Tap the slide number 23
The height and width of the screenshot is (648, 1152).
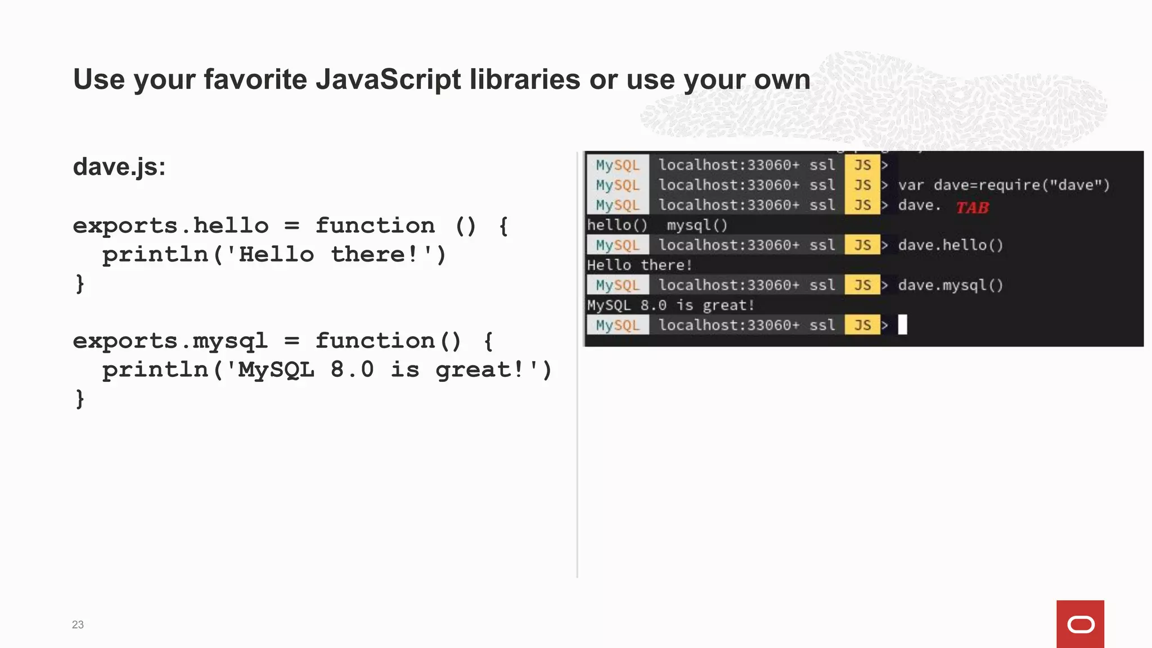tap(78, 624)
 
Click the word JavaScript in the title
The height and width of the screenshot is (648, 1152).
tap(388, 79)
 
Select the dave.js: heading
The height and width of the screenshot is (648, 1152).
tap(119, 166)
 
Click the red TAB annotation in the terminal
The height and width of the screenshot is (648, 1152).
tap(972, 208)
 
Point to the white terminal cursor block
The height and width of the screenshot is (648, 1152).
tap(902, 325)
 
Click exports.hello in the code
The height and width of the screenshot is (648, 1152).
tap(171, 226)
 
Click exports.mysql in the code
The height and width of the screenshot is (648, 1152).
tap(170, 341)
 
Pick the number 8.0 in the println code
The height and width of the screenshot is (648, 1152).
tap(352, 370)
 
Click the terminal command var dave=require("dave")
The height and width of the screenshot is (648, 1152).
tap(1003, 185)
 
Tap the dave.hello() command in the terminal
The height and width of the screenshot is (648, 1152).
tap(950, 245)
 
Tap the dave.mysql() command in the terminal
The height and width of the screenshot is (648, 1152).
tap(950, 285)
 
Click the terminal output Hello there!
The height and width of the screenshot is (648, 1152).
tap(639, 265)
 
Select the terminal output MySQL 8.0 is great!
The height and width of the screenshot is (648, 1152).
tap(670, 305)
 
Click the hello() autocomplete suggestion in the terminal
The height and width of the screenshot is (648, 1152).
tap(617, 226)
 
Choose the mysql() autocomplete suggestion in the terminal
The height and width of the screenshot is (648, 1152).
tap(697, 226)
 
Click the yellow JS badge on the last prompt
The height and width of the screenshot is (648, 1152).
tap(862, 325)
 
